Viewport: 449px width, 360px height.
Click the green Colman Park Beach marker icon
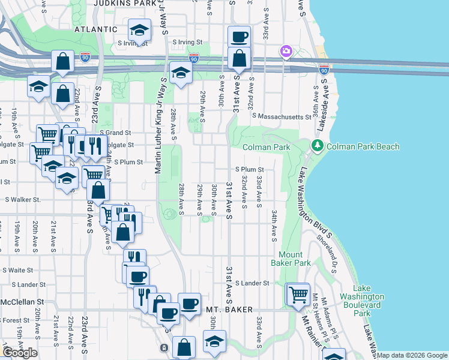point(316,146)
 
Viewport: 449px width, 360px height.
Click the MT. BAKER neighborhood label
point(228,310)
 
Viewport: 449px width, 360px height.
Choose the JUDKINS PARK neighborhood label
point(122,2)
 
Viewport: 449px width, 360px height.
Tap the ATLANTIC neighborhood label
point(95,29)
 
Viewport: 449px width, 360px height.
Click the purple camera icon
point(286,52)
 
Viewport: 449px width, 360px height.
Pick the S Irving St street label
point(189,43)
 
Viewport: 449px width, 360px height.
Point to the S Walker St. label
point(22,200)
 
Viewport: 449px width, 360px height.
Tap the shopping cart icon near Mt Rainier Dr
point(298,294)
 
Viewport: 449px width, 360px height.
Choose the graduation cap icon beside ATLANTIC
point(139,30)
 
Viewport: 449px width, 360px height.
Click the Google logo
point(20,353)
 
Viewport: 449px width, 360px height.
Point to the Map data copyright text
point(412,355)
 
